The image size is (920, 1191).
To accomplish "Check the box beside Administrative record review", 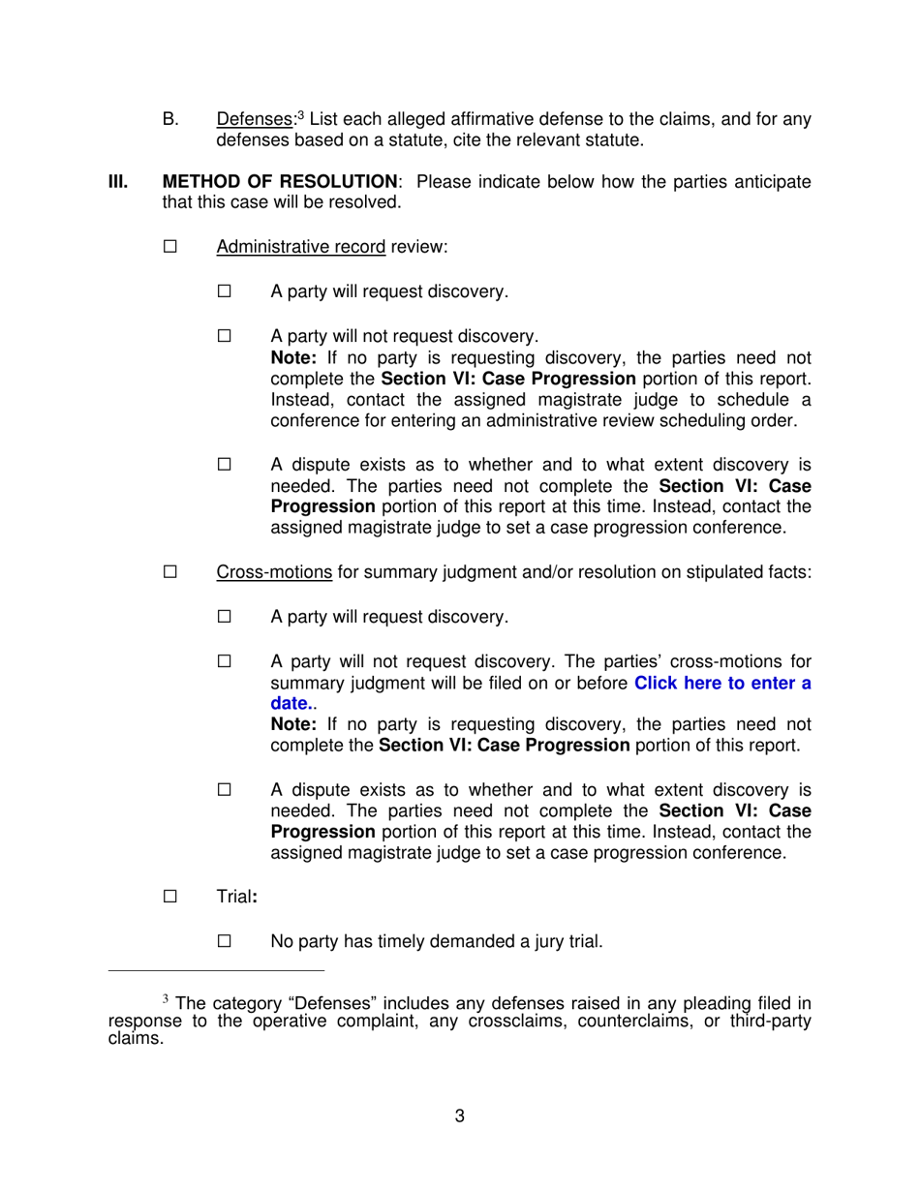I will coord(170,247).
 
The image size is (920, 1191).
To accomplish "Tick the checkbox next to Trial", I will coord(170,897).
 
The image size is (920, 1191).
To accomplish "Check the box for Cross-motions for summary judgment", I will coord(170,572).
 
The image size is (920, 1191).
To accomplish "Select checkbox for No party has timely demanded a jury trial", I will coord(225,941).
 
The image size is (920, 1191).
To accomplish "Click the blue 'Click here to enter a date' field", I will coord(721,684).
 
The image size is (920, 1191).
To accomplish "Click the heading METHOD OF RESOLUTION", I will coord(280,182).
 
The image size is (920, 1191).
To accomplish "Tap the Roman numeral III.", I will coord(117,182).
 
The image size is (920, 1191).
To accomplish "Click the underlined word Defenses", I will coord(254,120).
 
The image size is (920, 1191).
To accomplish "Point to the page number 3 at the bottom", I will coord(459,1116).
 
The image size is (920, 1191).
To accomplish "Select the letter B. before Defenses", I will coord(170,120).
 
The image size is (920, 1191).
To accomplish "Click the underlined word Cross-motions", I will coord(274,572).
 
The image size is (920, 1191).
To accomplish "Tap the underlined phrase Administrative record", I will coord(300,247).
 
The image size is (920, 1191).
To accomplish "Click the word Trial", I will coord(233,898).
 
